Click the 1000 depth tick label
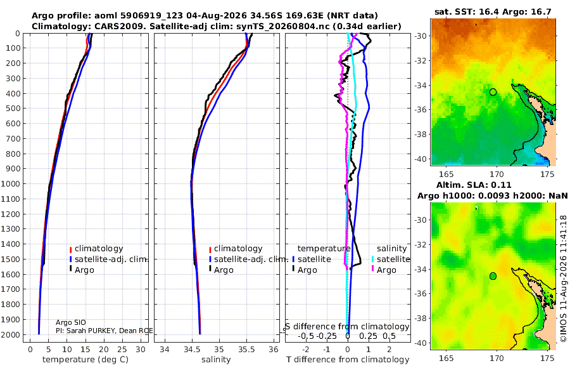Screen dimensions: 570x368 (11, 183)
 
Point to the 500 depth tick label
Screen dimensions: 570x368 (13, 108)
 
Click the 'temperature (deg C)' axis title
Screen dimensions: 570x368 (85, 360)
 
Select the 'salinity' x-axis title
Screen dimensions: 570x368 (216, 360)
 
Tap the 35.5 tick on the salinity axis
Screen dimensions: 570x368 (246, 350)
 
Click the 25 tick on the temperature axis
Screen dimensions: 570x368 (122, 350)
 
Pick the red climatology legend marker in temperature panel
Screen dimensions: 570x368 (70, 249)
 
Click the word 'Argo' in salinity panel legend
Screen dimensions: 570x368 (224, 270)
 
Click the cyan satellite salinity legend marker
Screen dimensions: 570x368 (372, 260)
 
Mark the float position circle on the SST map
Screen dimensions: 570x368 (493, 92)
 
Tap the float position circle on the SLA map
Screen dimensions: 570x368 (493, 276)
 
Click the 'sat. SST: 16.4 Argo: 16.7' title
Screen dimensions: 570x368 (493, 12)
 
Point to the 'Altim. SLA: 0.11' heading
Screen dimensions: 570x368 (474, 185)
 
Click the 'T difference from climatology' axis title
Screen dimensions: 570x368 (348, 360)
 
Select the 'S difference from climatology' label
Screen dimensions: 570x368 (347, 327)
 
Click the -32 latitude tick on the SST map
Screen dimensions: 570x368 (422, 60)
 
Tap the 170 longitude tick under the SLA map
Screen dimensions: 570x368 (497, 358)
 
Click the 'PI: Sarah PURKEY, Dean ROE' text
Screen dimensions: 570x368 (104, 331)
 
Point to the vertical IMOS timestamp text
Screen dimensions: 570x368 (564, 279)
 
